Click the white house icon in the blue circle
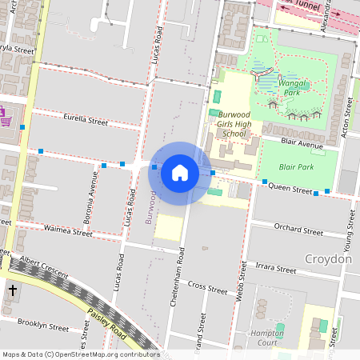pos(180,173)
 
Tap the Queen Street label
pos(290,189)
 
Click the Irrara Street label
pos(275,267)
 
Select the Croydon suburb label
pos(328,259)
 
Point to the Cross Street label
pos(207,286)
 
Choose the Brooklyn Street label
pos(43,326)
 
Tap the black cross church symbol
pos(13,290)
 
